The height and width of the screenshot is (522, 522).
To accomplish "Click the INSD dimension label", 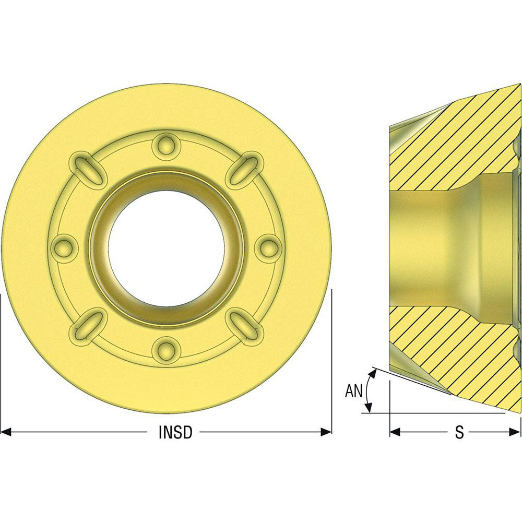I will [x=175, y=432].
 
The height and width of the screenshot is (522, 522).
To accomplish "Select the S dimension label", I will [x=459, y=432].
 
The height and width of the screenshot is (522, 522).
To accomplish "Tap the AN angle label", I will [x=353, y=391].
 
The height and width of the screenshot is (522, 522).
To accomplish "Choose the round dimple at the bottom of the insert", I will [x=166, y=350].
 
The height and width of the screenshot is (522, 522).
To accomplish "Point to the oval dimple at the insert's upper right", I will [x=244, y=169].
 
